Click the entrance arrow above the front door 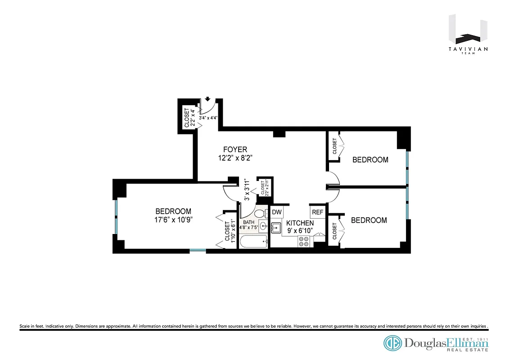tap(208, 99)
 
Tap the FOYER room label tap(235, 149)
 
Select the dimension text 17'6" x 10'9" tap(173, 220)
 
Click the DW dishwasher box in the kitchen tap(276, 212)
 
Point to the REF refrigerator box tap(317, 212)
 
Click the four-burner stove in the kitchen tap(304, 242)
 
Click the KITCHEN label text tap(300, 223)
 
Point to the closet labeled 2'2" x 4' tap(189, 118)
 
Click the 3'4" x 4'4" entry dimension tap(208, 118)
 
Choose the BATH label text tap(248, 222)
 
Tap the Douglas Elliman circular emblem tap(393, 343)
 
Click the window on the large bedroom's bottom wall tap(198, 250)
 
